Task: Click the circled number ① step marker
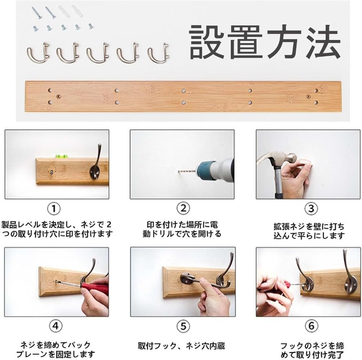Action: tap(54, 209)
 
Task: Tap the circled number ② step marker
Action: tap(183, 208)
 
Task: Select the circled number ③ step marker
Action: tap(311, 208)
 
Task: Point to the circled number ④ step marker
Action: tap(55, 326)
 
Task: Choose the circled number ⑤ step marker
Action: tap(183, 326)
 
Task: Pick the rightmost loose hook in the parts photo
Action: tap(158, 53)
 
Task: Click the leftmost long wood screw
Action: tap(37, 13)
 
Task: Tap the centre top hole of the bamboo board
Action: tap(183, 90)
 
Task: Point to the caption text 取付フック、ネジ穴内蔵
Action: tap(181, 346)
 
